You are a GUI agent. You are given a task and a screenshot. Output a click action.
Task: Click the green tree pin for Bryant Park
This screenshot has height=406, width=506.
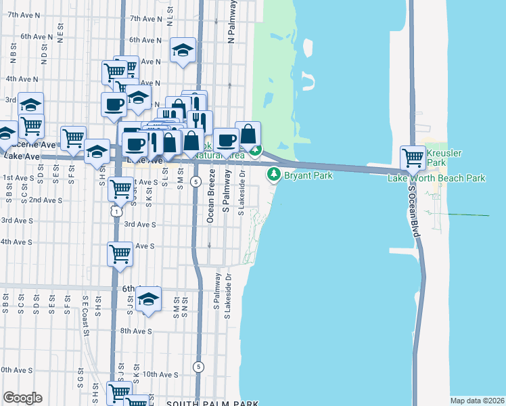point(274,175)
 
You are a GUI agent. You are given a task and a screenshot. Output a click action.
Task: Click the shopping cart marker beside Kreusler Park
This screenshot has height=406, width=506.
point(413,159)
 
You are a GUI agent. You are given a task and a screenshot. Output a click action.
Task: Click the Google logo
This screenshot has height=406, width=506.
point(22,398)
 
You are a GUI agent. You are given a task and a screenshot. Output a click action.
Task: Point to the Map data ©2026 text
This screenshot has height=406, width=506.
point(478,401)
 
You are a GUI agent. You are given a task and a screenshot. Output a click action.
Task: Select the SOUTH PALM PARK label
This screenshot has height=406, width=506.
point(212,403)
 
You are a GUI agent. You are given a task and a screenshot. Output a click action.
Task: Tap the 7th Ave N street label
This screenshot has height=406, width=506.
point(146,18)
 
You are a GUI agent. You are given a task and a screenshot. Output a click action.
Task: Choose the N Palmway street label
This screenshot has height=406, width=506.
point(231,22)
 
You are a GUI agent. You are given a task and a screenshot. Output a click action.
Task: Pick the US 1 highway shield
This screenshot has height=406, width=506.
point(118,212)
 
